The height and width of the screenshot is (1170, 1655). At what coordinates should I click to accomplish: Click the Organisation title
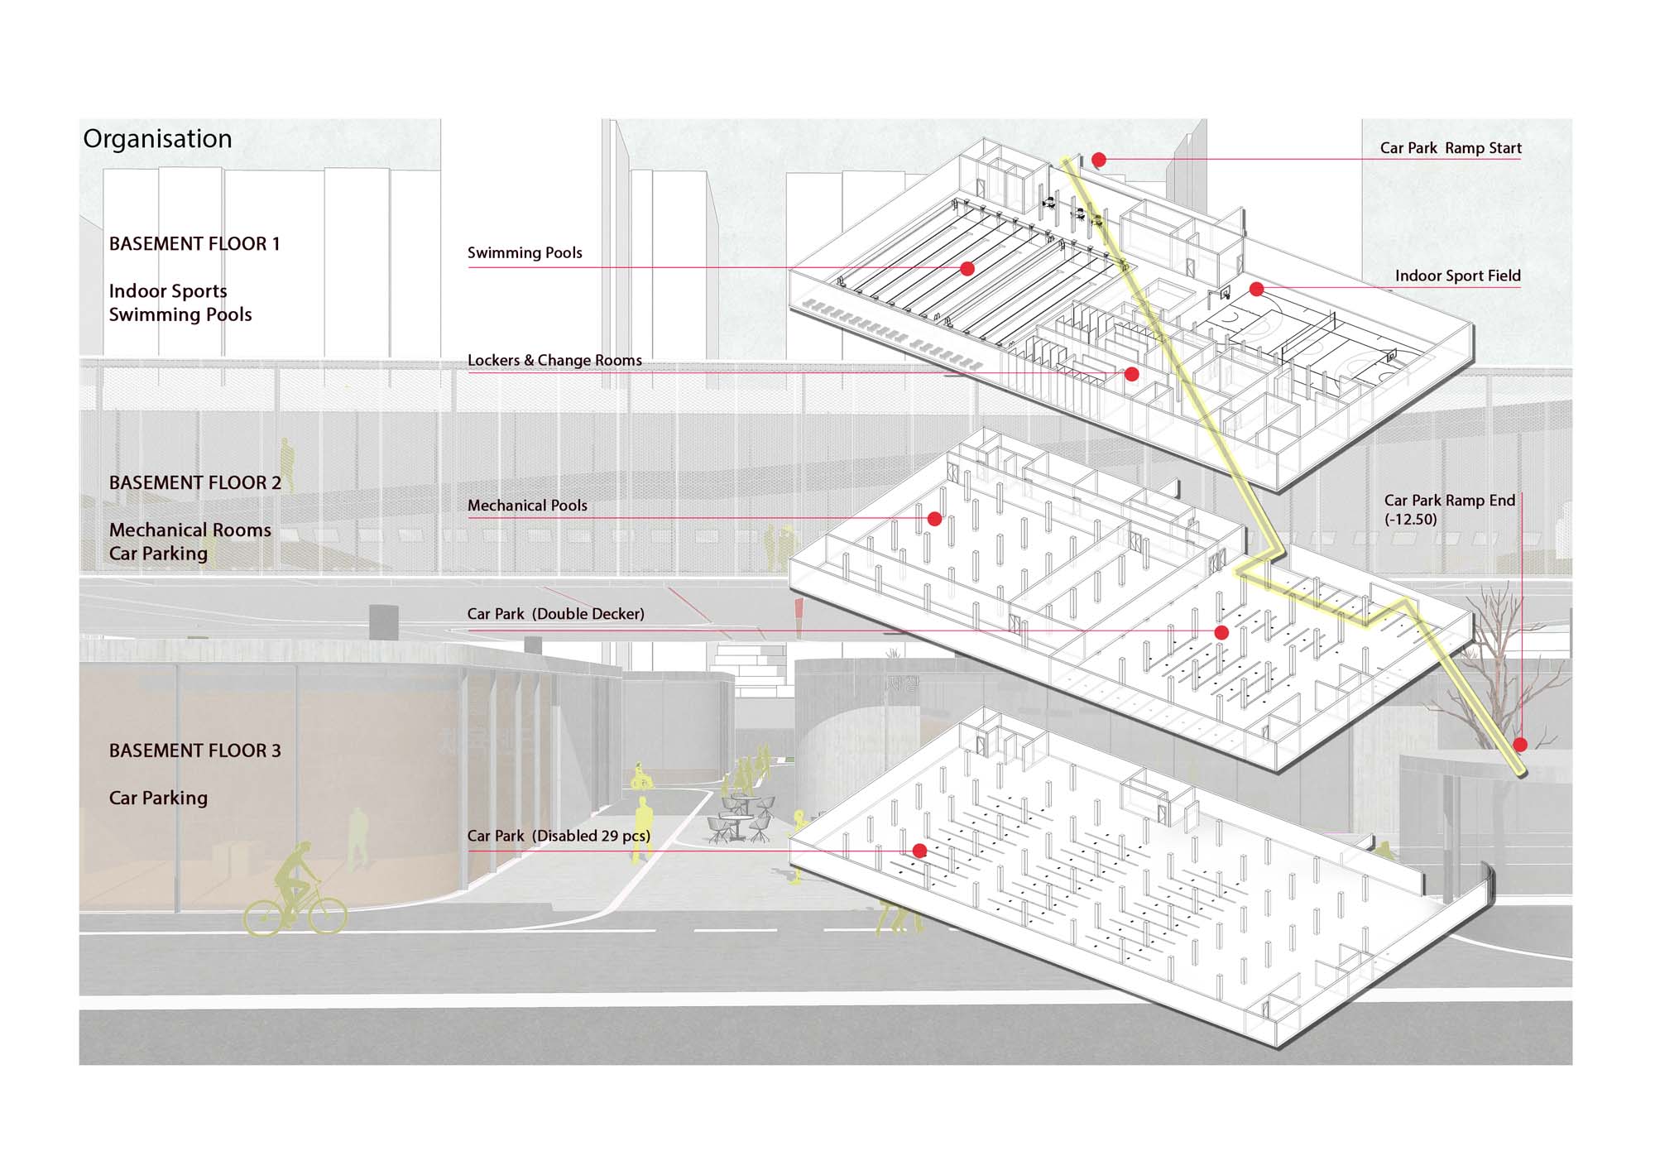157,139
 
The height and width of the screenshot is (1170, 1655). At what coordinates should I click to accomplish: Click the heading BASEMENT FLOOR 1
194,244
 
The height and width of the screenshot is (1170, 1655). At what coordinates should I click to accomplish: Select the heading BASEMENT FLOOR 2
195,483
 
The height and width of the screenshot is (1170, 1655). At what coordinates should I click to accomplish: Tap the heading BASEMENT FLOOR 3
195,750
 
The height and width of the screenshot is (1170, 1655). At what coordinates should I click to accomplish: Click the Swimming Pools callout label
525,253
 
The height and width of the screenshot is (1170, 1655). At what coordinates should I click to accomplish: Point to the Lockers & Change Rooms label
554,361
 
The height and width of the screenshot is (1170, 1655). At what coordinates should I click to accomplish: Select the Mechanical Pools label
527,506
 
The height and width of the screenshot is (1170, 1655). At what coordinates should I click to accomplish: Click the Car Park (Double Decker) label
555,614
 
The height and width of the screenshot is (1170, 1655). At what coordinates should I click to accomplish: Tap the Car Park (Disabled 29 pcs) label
559,836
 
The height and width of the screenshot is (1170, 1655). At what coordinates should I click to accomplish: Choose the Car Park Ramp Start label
1451,148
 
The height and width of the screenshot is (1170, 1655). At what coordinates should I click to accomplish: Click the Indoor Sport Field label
1457,276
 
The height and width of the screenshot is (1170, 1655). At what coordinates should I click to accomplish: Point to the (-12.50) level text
1411,520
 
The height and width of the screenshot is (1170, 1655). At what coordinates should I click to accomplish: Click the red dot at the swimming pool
967,269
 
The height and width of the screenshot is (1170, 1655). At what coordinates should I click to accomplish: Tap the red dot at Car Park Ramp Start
1099,160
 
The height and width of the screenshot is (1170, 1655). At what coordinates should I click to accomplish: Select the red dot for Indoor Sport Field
1256,289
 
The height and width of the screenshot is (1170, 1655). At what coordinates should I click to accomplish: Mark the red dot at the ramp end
1520,745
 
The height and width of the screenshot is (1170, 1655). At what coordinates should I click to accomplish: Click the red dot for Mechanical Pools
934,519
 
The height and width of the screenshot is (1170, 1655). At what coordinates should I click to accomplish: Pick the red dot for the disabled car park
919,851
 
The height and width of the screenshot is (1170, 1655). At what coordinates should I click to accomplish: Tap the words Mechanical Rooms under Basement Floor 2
190,530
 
